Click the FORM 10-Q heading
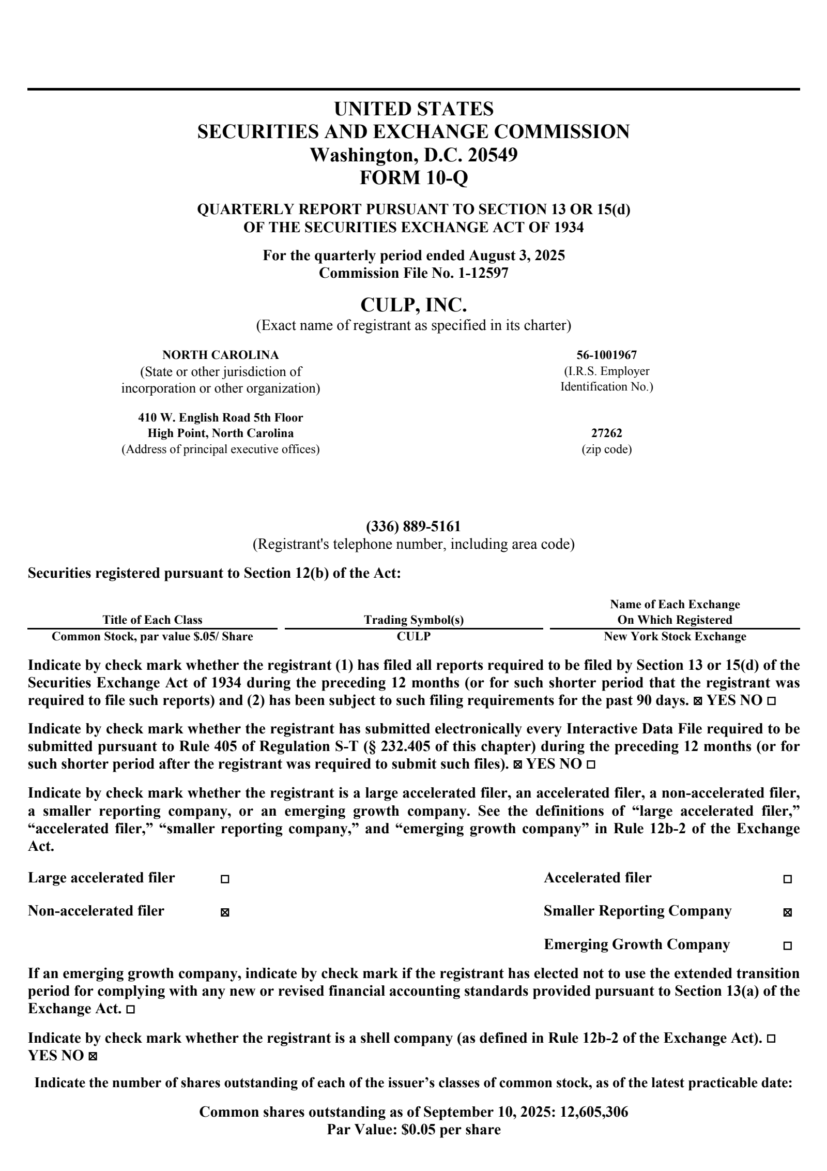coord(413,177)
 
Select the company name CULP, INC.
coord(413,305)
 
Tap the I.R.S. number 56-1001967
coord(606,355)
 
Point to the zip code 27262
coord(606,433)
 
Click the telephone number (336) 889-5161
coord(413,527)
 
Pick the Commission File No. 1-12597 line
coord(413,273)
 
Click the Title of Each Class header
coord(152,620)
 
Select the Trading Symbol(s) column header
coord(413,620)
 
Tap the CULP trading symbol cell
coord(413,636)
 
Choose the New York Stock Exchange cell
coord(675,636)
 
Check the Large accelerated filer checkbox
coord(225,879)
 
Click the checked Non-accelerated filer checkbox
coord(225,913)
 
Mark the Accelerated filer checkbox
coord(787,879)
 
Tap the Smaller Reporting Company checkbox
coord(787,913)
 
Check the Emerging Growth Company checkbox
coord(787,946)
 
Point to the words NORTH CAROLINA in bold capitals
coord(220,355)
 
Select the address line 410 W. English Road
coord(220,417)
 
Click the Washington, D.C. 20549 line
coord(413,155)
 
